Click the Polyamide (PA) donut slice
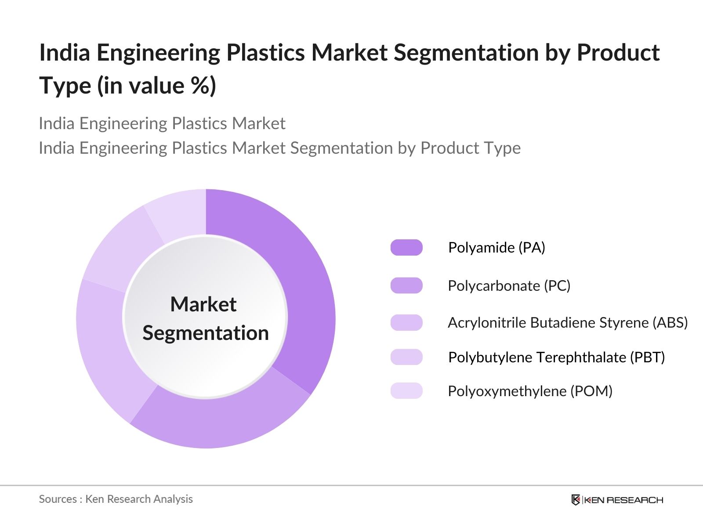[303, 281]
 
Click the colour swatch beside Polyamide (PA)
[406, 248]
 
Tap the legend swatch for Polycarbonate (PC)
[406, 285]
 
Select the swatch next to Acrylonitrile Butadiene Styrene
[406, 322]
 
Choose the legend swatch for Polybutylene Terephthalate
[406, 357]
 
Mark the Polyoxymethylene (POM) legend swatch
[406, 391]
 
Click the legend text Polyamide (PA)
[496, 248]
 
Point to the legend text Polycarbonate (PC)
[509, 286]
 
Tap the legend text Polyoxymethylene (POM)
[530, 391]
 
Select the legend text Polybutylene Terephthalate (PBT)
[556, 357]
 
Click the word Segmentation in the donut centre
[206, 333]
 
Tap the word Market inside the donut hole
[203, 304]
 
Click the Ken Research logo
[617, 500]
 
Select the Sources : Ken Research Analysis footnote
[116, 499]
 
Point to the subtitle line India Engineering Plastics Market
[162, 123]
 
